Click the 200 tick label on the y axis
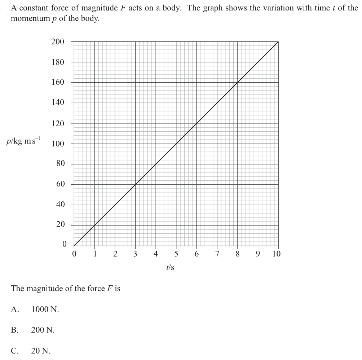point(58,42)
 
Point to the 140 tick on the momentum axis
point(58,103)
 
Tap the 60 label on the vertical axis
point(60,184)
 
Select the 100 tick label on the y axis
point(58,144)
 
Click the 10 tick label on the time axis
point(276,254)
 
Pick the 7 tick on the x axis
point(217,254)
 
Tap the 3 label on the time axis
point(135,254)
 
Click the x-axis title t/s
point(171,267)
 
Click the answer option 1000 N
point(45,309)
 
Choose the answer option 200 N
point(43,330)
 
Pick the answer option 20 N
point(41,351)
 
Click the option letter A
point(15,309)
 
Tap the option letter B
point(15,330)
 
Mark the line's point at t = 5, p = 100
point(176,144)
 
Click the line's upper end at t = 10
point(278,42)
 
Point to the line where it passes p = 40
point(115,205)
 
